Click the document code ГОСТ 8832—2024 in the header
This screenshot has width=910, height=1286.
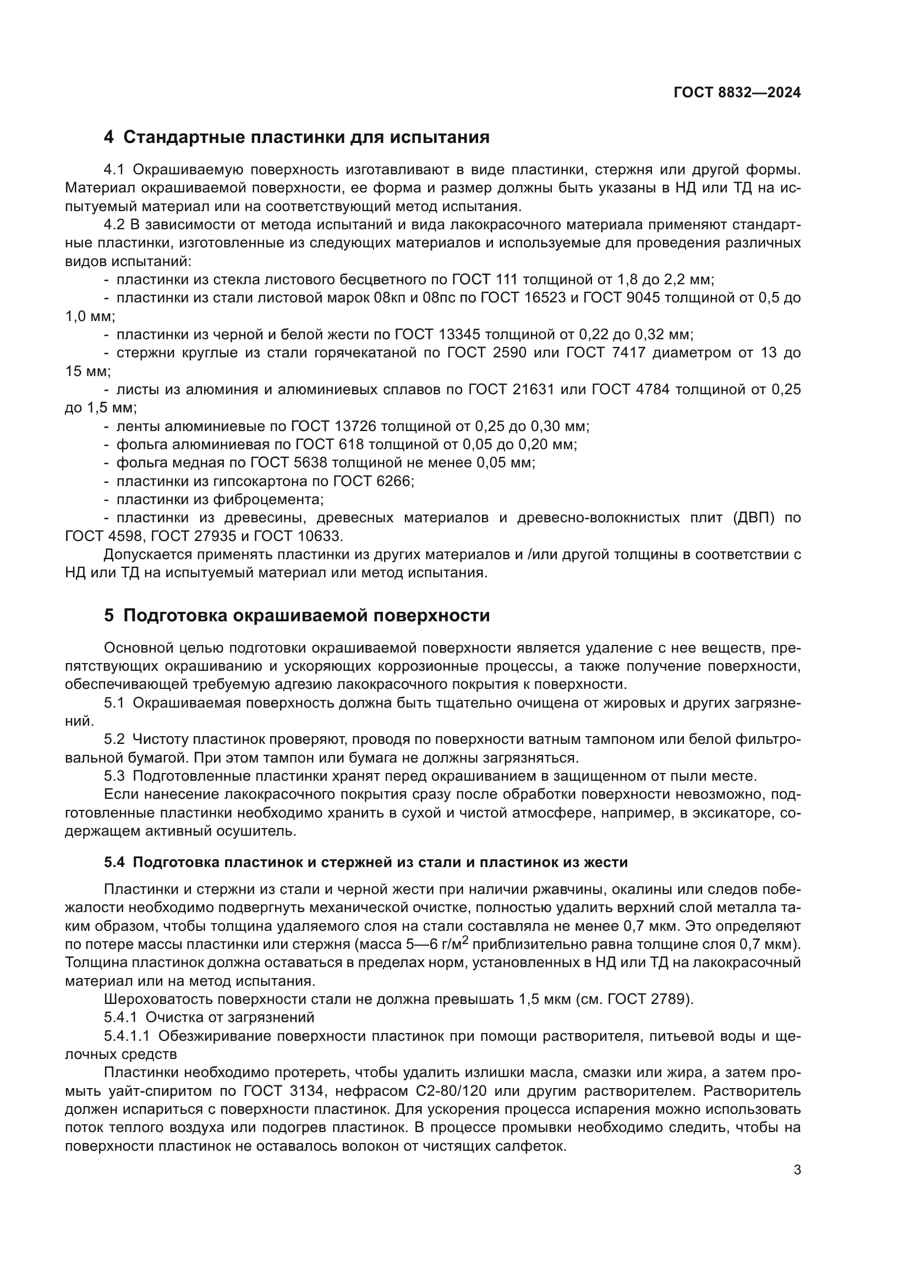click(x=737, y=93)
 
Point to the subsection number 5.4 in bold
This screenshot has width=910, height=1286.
click(x=114, y=862)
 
